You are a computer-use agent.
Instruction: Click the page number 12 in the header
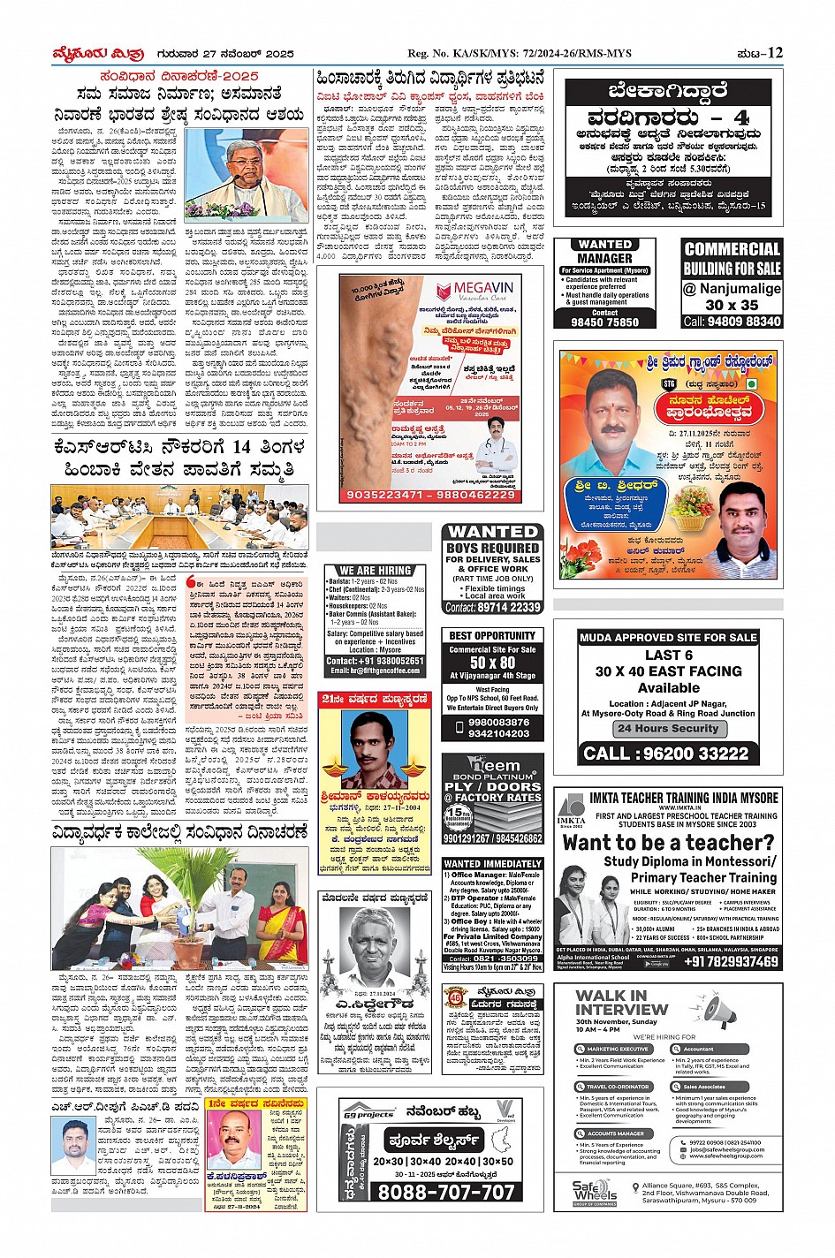775,53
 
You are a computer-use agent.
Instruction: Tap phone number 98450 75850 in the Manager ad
604,322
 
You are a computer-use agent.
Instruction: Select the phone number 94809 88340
733,322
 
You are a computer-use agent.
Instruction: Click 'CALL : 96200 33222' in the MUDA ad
668,754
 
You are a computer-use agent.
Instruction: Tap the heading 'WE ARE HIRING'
376,570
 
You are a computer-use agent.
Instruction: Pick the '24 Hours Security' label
668,729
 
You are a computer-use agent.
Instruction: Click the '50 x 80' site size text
492,663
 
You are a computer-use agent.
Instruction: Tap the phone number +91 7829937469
731,961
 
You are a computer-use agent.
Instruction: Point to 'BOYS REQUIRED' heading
492,548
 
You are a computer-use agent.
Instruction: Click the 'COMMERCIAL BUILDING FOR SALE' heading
733,258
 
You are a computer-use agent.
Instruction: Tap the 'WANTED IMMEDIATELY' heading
492,864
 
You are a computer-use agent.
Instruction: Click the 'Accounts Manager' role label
616,1133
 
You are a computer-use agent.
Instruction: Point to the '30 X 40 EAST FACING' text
668,671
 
